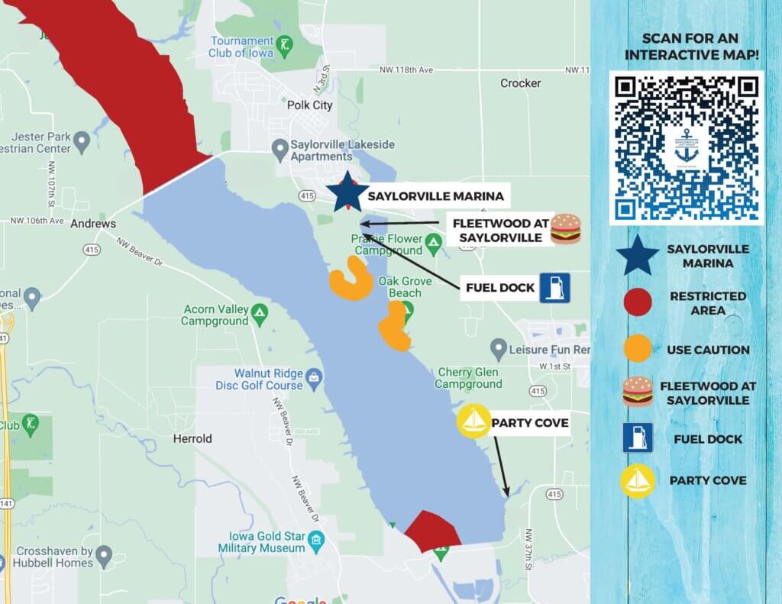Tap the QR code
[x=687, y=147]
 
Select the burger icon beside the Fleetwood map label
[x=565, y=228]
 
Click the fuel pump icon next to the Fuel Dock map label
[x=555, y=288]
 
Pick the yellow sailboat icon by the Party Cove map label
[x=473, y=422]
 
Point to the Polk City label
[x=309, y=105]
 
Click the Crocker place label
[x=520, y=83]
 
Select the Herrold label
[x=192, y=439]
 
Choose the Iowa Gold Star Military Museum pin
[x=315, y=543]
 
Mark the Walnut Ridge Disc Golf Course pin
[x=313, y=376]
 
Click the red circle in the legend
[x=638, y=302]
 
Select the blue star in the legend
[x=638, y=256]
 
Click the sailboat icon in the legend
[x=638, y=481]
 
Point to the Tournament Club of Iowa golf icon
[x=284, y=43]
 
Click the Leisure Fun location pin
[x=498, y=350]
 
